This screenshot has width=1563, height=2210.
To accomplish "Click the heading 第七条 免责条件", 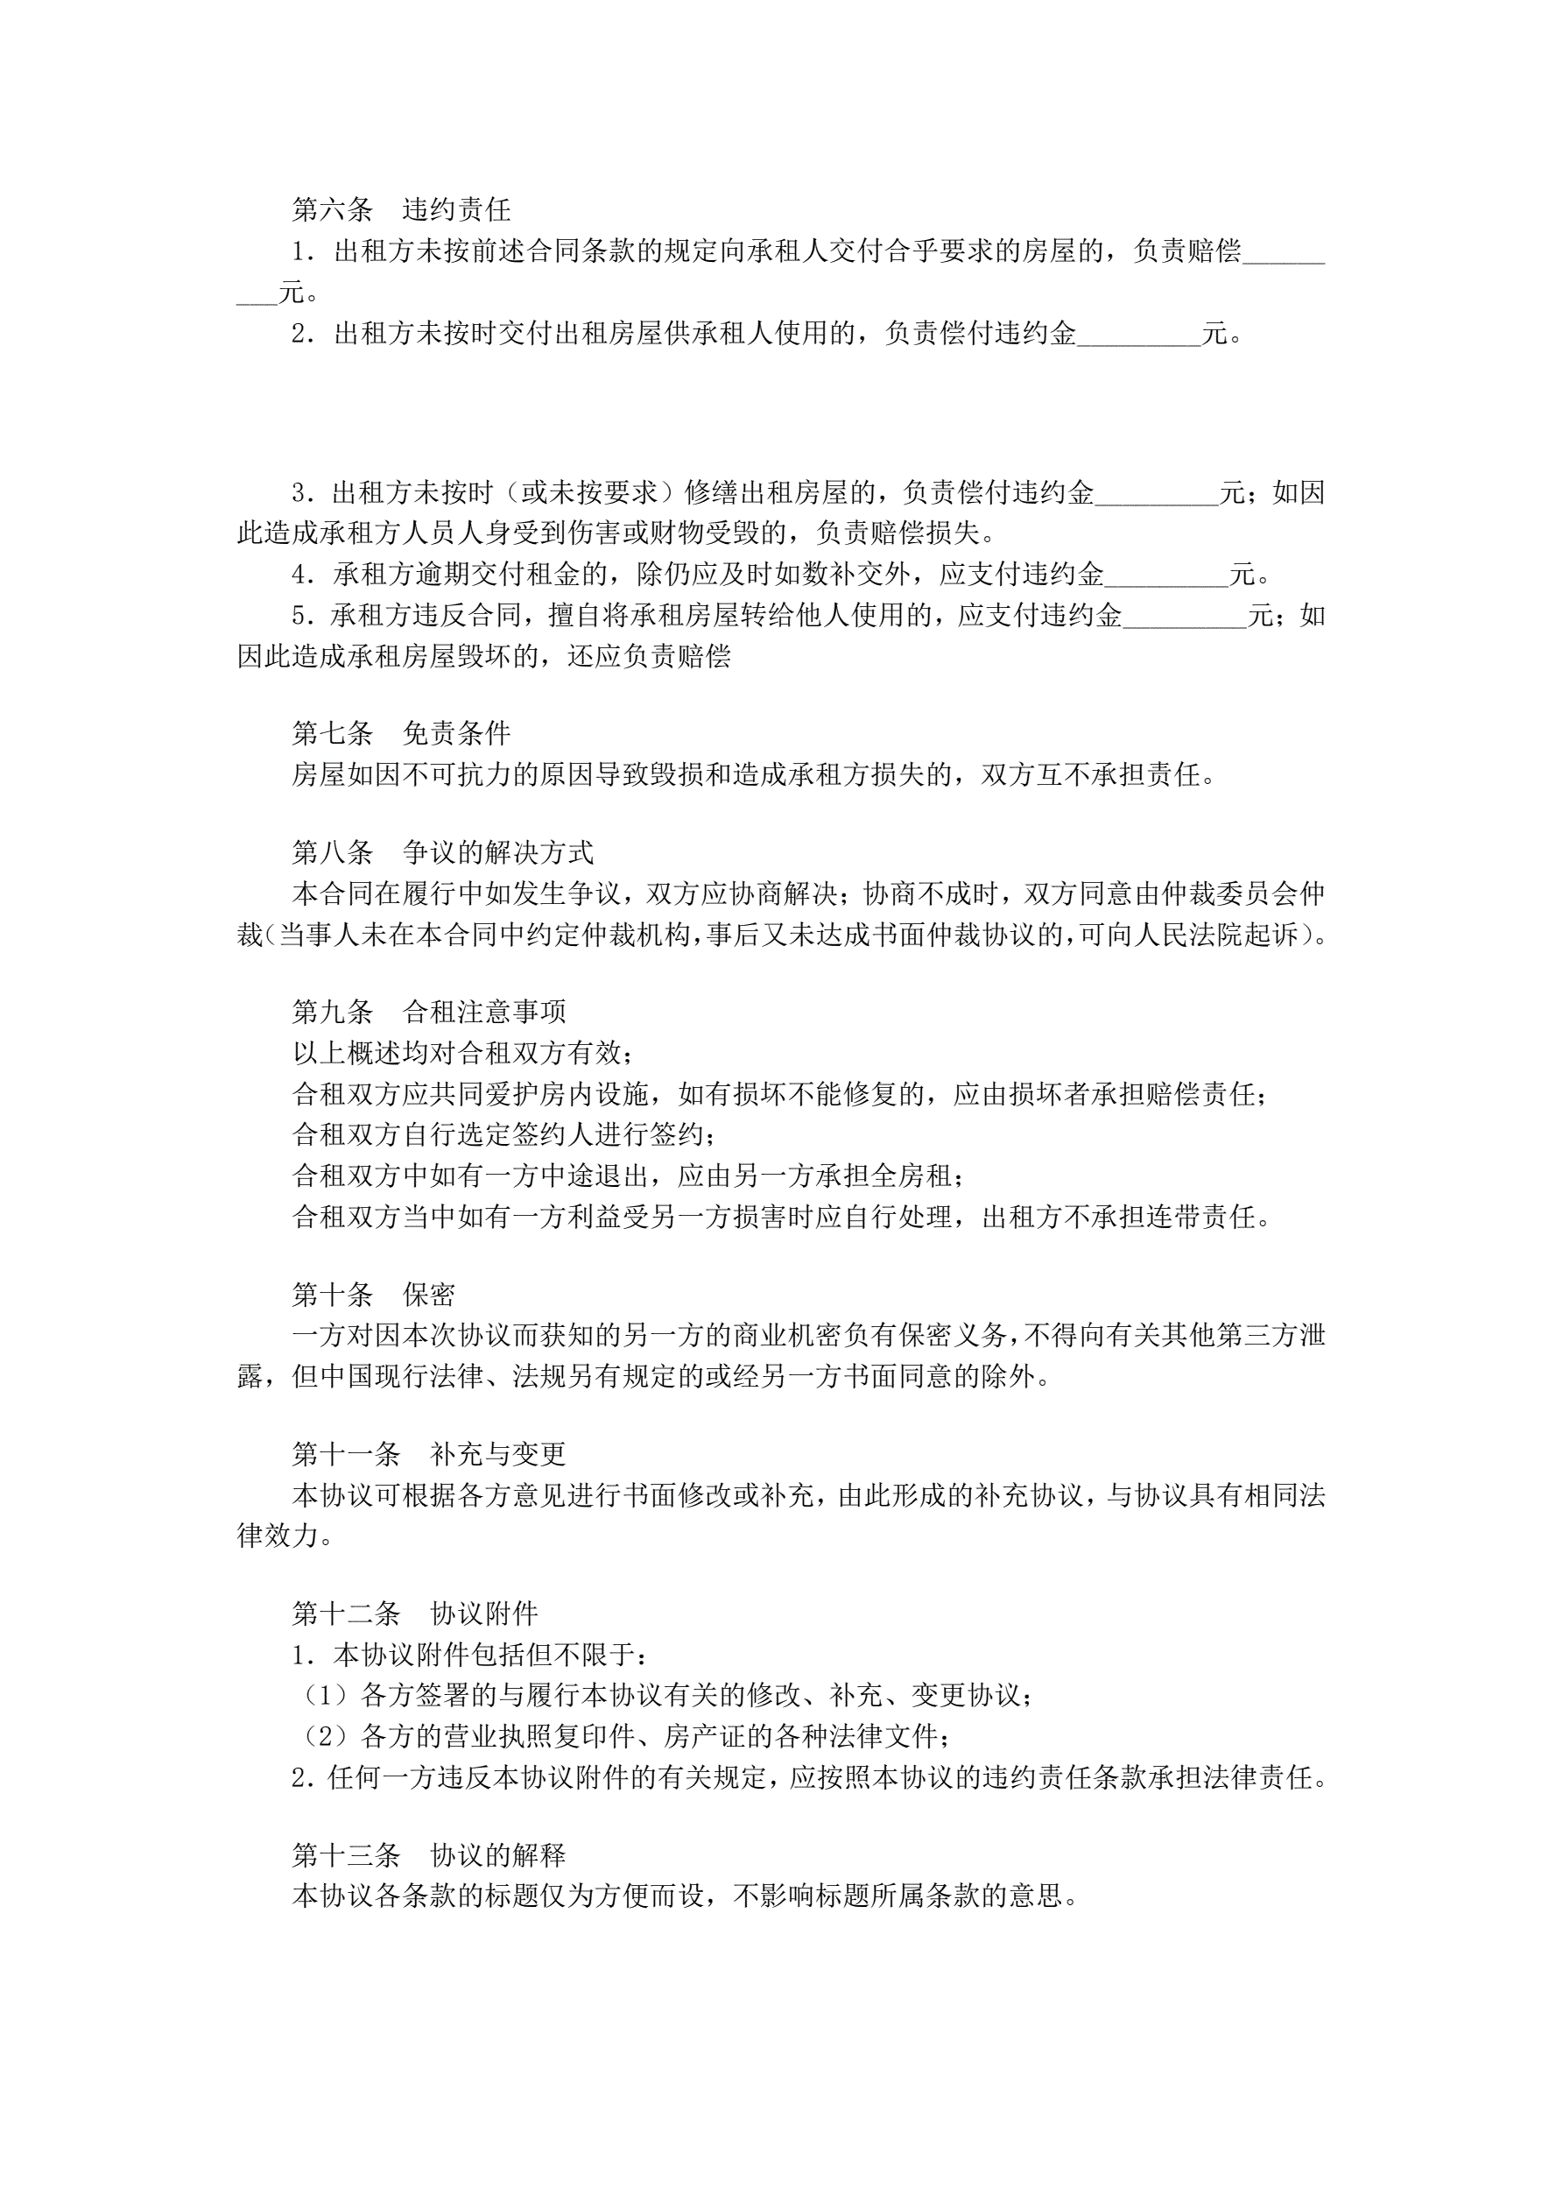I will (401, 733).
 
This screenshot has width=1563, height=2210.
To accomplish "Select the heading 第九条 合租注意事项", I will (429, 1011).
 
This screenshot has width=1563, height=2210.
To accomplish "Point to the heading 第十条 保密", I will (373, 1295).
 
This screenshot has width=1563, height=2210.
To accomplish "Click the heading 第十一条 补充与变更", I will (429, 1453).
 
